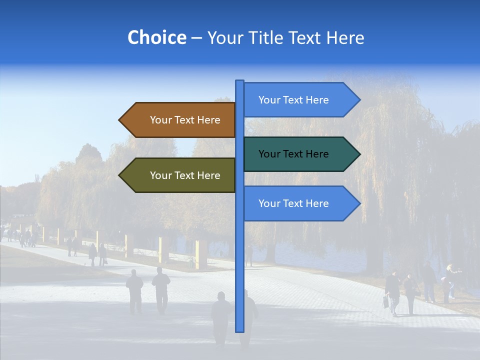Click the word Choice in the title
coord(156,38)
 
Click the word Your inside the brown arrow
coord(160,120)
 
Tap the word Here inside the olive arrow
coord(208,175)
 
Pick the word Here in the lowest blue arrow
coord(317,203)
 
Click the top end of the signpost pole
coord(239,81)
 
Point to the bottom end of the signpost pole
coord(239,330)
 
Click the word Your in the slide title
coord(223,38)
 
